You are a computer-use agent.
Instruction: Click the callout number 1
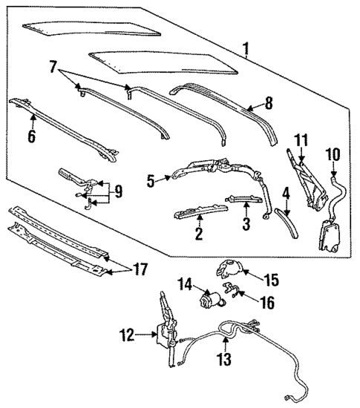(246, 50)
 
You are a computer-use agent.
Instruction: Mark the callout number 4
(286, 196)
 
